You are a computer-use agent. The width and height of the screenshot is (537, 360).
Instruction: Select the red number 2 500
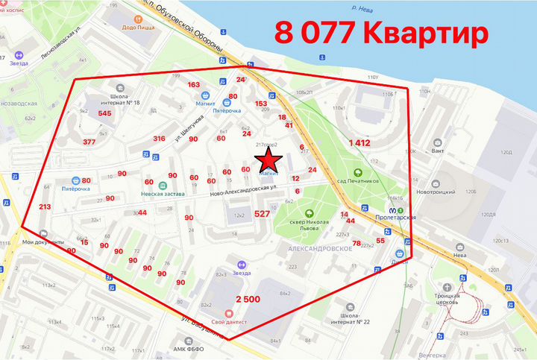point(248,299)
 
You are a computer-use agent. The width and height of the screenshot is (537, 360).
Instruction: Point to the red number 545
point(104,113)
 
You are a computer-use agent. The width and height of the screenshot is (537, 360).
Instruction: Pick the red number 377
point(89,142)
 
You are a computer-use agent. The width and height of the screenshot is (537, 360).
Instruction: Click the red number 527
point(261,214)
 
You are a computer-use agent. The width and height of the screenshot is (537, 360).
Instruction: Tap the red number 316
point(159,139)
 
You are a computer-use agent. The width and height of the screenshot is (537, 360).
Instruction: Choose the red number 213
point(45,207)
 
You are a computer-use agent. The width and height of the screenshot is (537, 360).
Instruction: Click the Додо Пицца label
point(137,28)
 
